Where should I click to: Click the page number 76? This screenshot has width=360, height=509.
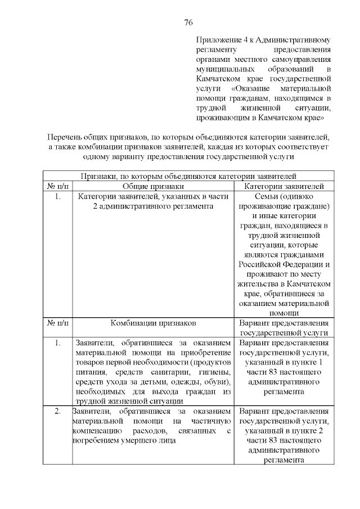(188, 22)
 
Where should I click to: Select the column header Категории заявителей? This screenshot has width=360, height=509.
(283, 186)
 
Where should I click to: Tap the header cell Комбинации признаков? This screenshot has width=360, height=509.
(152, 324)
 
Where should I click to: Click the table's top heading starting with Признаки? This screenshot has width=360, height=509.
(188, 176)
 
